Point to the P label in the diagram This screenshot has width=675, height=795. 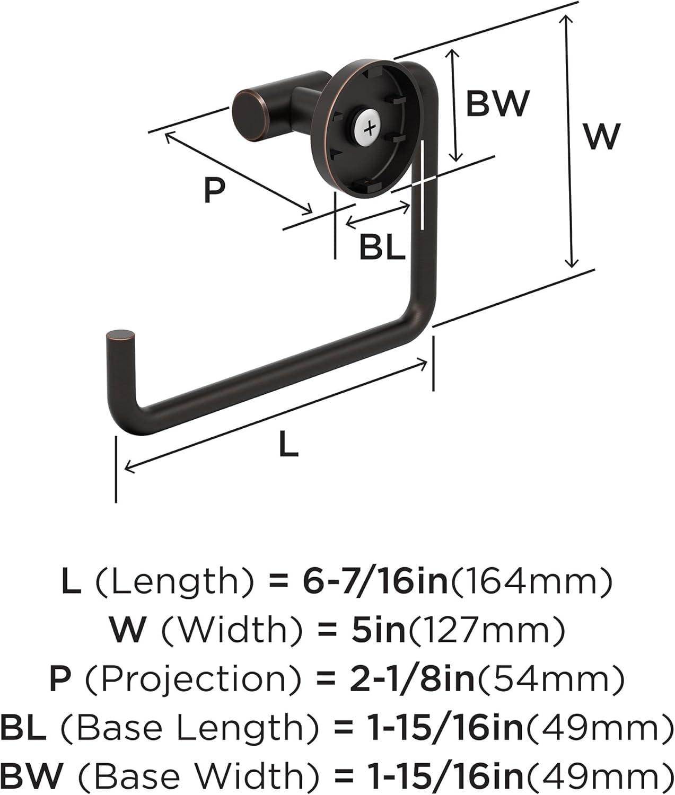point(214,191)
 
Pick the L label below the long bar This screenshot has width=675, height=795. point(288,444)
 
